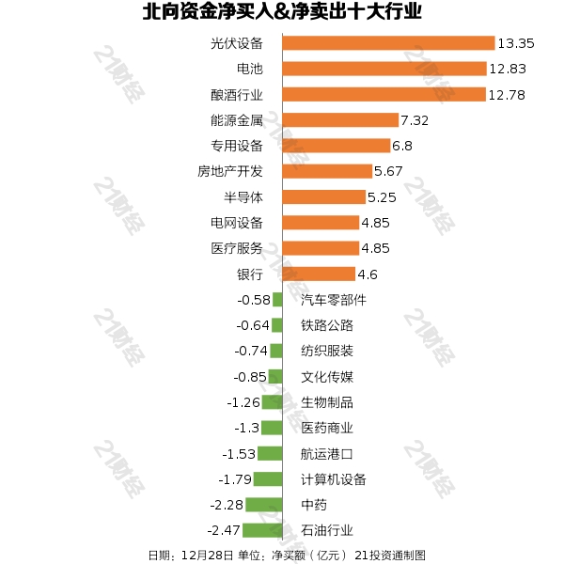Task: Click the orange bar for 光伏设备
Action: pos(388,43)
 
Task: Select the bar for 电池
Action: pos(384,69)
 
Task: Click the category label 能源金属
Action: pos(237,120)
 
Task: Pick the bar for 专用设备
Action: pos(336,146)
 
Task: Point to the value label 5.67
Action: pos(388,171)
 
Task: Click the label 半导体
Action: pos(243,197)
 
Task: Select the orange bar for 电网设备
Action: pos(321,223)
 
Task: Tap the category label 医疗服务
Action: pos(237,248)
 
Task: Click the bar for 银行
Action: pos(319,274)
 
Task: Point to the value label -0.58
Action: pos(252,300)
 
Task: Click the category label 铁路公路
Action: pos(327,325)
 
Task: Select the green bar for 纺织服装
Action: pos(276,351)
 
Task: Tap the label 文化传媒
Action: pos(327,377)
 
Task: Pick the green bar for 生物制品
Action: pos(272,402)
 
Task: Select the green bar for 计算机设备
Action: pos(268,479)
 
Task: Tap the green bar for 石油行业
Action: pos(263,530)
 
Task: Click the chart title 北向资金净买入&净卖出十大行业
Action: pos(282,13)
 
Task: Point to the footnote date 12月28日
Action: pos(206,555)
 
